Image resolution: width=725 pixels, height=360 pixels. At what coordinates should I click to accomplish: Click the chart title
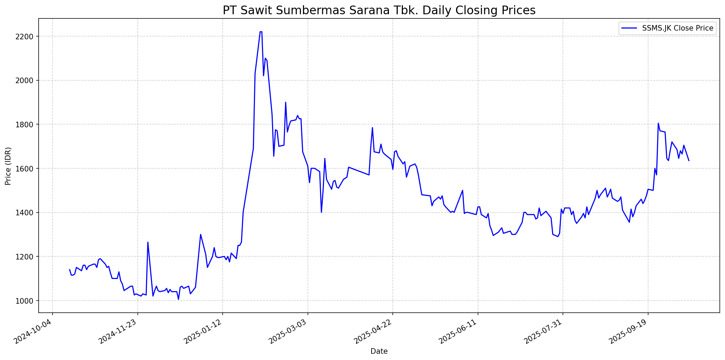(379, 10)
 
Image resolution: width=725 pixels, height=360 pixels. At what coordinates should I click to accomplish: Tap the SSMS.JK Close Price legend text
(678, 28)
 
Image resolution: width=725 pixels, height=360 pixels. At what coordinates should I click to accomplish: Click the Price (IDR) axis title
(8, 166)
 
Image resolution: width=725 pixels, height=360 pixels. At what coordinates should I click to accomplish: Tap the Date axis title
(379, 351)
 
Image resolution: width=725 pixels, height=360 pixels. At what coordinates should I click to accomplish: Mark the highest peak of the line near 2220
(261, 32)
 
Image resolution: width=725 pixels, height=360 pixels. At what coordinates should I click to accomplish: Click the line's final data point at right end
(689, 160)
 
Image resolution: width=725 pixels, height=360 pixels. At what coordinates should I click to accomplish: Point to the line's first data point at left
(70, 269)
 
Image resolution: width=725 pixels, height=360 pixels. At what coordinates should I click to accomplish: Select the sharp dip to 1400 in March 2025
(321, 212)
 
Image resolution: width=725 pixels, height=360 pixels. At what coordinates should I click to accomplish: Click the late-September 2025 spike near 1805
(658, 123)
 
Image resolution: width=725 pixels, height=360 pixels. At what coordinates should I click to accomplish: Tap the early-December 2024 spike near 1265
(148, 242)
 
